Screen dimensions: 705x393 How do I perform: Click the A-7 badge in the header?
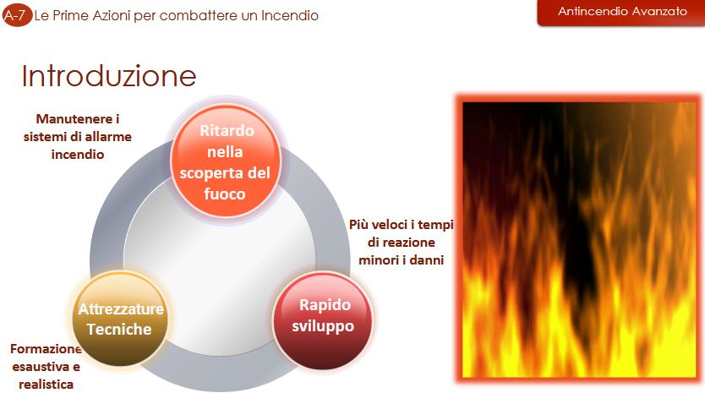17,16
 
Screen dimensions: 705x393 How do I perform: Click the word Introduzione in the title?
109,75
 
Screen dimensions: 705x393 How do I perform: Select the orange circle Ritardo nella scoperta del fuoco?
225,161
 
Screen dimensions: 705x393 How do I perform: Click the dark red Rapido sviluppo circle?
323,319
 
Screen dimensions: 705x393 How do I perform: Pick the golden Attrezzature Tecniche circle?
120,319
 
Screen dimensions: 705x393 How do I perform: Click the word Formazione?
46,349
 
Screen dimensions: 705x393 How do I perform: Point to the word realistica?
46,385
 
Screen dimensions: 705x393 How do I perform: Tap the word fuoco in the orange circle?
225,194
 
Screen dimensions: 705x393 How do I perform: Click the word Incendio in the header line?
290,16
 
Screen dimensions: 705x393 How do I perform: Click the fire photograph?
579,239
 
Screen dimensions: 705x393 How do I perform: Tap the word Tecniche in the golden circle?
119,330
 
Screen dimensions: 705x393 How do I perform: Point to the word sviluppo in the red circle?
323,326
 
